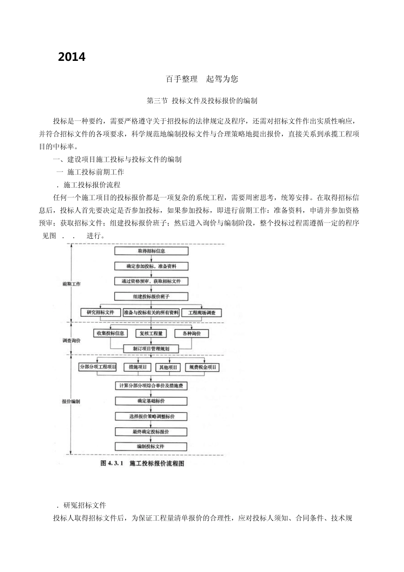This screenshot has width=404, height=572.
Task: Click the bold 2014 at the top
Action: [x=72, y=57]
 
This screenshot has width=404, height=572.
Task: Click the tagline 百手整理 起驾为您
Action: [x=202, y=79]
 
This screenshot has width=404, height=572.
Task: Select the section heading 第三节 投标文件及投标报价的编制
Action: [x=202, y=101]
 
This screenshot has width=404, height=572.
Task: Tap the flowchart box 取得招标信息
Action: [x=151, y=251]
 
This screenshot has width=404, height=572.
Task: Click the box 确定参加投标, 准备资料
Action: [x=151, y=266]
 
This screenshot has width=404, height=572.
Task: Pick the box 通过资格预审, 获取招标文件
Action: [x=151, y=281]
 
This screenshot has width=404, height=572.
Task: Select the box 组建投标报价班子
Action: [x=151, y=297]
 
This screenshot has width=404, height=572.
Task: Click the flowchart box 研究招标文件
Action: [x=100, y=312]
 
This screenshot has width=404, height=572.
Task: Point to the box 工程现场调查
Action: [x=202, y=313]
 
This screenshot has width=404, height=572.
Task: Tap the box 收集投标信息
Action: [x=110, y=333]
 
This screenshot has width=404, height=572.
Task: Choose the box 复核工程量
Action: [x=151, y=334]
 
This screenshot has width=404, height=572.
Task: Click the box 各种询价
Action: [x=191, y=334]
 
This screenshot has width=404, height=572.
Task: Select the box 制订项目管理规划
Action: [x=151, y=349]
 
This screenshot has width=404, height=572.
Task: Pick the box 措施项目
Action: [x=138, y=367]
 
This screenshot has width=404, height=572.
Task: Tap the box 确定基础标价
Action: [x=151, y=401]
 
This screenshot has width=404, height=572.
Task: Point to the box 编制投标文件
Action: [x=151, y=446]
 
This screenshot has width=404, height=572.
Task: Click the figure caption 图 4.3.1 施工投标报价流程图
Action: [x=142, y=463]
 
